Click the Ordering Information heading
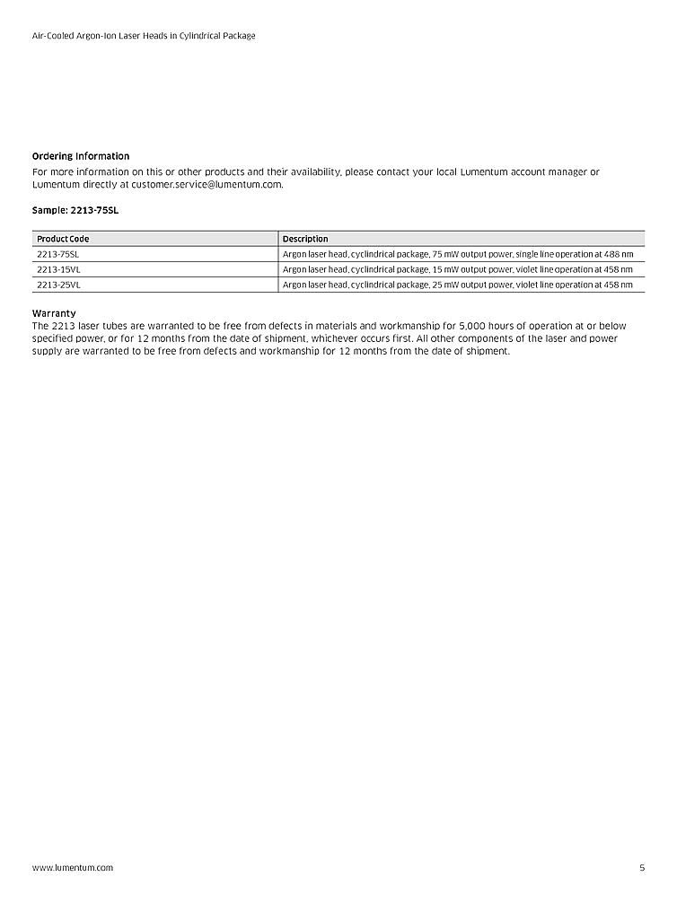click(81, 156)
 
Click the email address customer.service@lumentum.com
click(207, 185)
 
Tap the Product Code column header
click(63, 239)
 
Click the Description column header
click(305, 239)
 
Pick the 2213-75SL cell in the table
click(58, 254)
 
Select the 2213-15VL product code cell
click(58, 269)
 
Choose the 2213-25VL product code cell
click(58, 285)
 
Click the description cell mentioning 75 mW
click(458, 254)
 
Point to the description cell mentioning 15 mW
click(458, 269)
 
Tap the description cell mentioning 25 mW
click(458, 285)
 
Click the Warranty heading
click(54, 313)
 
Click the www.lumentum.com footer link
click(73, 868)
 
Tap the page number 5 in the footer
click(642, 868)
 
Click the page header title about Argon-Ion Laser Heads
click(144, 36)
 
